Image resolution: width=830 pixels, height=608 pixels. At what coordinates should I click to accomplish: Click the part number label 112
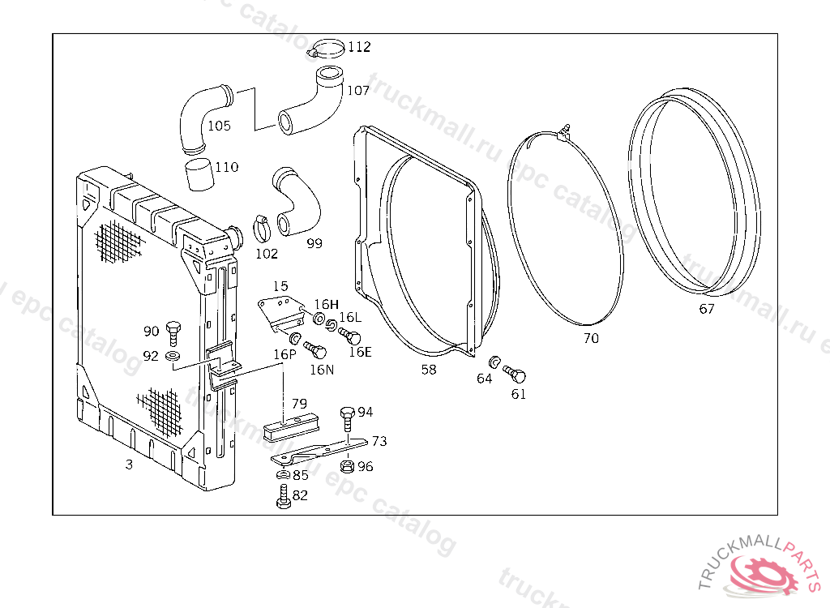359,47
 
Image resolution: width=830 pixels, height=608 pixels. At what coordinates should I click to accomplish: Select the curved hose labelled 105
199,118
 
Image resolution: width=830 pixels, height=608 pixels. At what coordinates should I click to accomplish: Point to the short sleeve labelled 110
199,173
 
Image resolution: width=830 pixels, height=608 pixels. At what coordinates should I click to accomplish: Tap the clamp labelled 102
263,228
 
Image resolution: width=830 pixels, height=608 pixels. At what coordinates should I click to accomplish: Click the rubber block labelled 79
293,425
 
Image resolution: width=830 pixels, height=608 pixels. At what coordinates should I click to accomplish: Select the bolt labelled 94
347,417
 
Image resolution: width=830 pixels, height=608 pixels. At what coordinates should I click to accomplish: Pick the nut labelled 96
345,466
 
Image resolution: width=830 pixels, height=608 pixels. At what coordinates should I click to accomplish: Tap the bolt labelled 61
516,375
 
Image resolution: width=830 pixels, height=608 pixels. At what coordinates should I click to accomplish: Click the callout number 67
707,309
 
